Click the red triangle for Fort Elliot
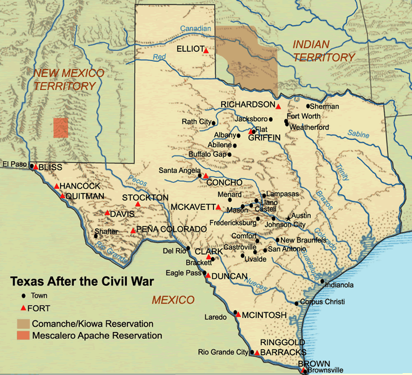click(x=206, y=49)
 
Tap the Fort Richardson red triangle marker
click(x=278, y=106)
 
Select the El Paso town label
click(x=14, y=164)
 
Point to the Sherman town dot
click(x=308, y=106)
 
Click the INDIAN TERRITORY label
click(x=323, y=51)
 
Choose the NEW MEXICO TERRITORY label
click(x=69, y=79)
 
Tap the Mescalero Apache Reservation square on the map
click(x=61, y=127)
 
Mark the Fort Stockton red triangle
click(x=138, y=204)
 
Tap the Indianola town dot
click(x=322, y=281)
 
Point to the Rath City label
click(x=195, y=121)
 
